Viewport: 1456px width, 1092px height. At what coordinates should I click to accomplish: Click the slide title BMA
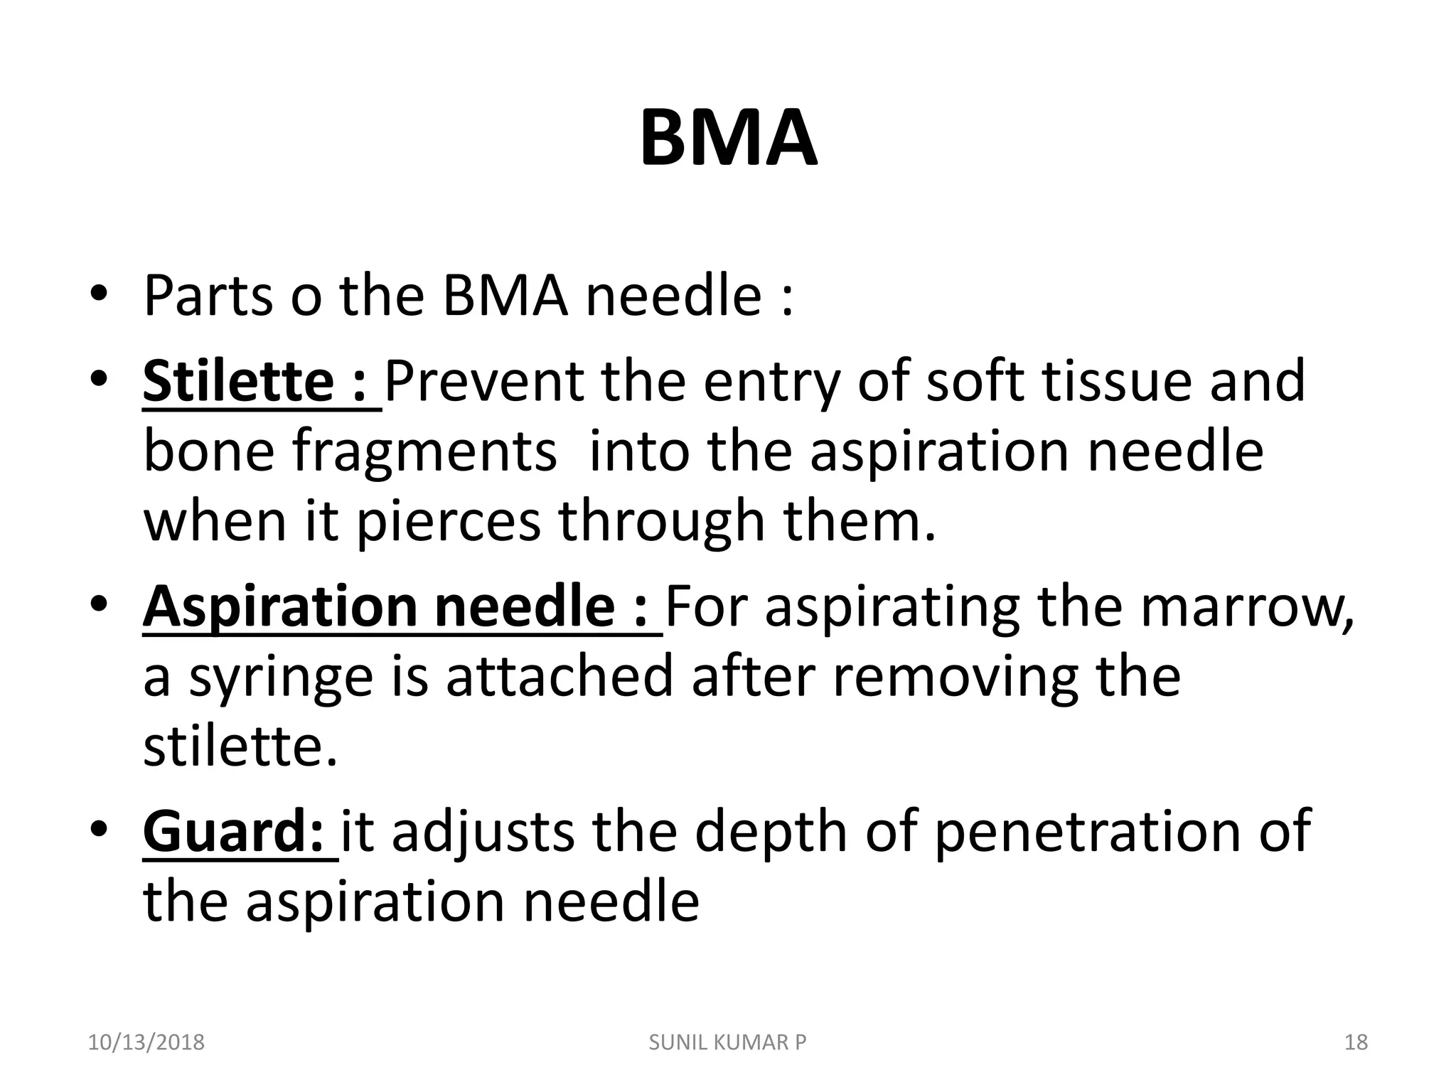coord(728,139)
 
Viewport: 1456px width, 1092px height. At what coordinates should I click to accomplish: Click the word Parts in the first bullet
coord(208,296)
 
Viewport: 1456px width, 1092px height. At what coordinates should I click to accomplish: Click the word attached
coord(560,677)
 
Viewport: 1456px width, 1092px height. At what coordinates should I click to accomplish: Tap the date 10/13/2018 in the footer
coord(146,1042)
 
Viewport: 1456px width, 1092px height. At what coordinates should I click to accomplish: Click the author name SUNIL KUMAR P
coord(728,1042)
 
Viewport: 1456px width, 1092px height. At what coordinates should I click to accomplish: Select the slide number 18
coord(1356,1042)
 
